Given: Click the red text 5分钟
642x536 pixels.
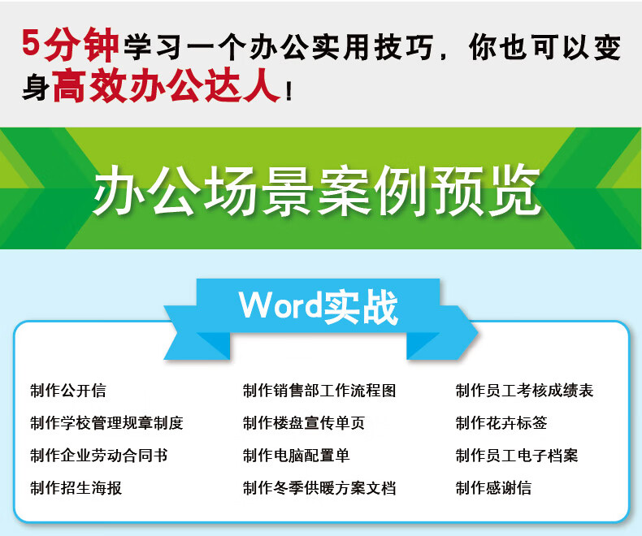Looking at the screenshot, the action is pos(70,45).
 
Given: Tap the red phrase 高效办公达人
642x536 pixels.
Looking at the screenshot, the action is pos(167,85).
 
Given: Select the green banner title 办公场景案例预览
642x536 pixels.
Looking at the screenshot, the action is pos(317,191).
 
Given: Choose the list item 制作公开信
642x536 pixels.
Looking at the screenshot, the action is pos(68,391).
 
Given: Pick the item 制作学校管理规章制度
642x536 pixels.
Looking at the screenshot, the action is pos(106,422).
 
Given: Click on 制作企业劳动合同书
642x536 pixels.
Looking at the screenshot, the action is pos(98,456).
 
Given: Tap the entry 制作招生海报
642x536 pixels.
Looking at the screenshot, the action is pos(76,488).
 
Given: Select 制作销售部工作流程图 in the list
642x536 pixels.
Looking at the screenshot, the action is pos(319,391).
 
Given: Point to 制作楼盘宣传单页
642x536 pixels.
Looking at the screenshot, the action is pos(304,422).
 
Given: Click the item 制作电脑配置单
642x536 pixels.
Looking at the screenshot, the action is pos(296,456).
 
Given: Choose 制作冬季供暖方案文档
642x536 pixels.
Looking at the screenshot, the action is pos(319,488).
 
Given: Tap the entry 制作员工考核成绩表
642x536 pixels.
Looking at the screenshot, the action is pos(524,391).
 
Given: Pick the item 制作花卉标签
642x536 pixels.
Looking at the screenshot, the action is pos(501,422).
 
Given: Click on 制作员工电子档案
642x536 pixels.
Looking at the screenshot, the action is pos(517,456).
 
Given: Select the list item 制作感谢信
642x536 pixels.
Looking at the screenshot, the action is pos(493,488).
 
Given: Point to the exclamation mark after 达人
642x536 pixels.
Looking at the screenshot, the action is pos(289,90).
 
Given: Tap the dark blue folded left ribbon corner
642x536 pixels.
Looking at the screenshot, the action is pos(213,346).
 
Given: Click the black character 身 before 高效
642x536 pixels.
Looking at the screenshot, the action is pos(36,86).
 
